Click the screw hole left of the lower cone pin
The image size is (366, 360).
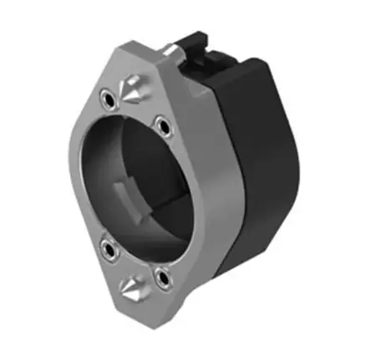point(108,247)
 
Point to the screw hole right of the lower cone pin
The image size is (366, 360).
point(160,274)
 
